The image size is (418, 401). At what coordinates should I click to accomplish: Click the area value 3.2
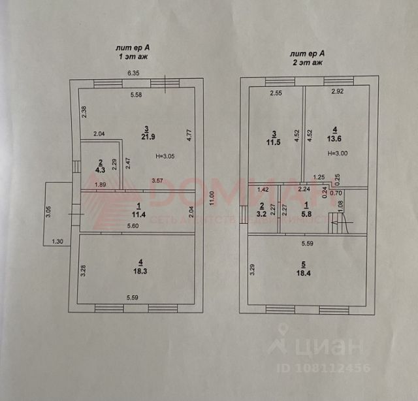[261, 213]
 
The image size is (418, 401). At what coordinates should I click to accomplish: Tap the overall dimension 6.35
[135, 73]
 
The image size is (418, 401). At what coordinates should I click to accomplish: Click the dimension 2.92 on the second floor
[338, 93]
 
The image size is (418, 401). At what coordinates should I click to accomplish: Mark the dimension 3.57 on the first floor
[158, 180]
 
